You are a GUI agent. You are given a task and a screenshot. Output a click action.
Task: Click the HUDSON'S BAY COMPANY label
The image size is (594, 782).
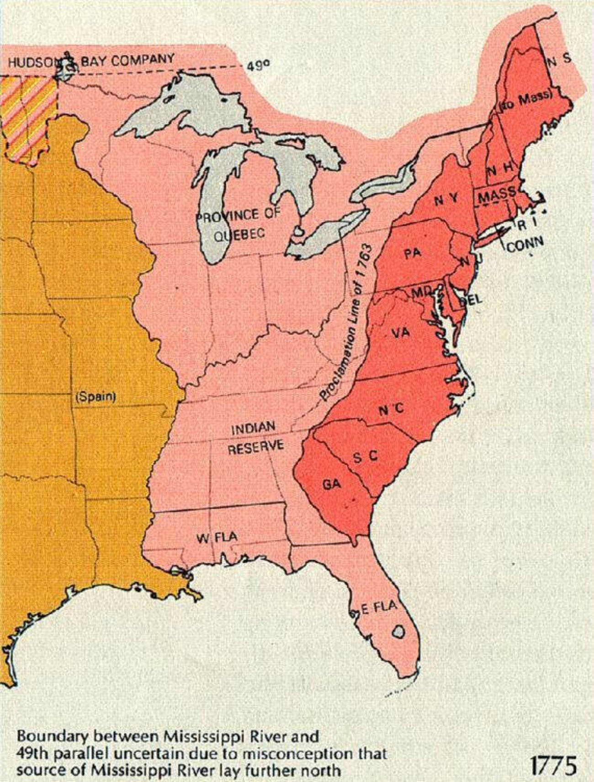coord(91,61)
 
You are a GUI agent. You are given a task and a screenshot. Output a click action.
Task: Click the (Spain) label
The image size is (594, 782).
coord(94,396)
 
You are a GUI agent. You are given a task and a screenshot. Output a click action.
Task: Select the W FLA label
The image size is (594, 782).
coord(217,537)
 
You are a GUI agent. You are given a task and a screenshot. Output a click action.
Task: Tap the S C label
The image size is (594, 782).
coord(366,457)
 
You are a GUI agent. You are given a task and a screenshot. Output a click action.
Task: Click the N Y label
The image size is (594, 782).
coord(446,200)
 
